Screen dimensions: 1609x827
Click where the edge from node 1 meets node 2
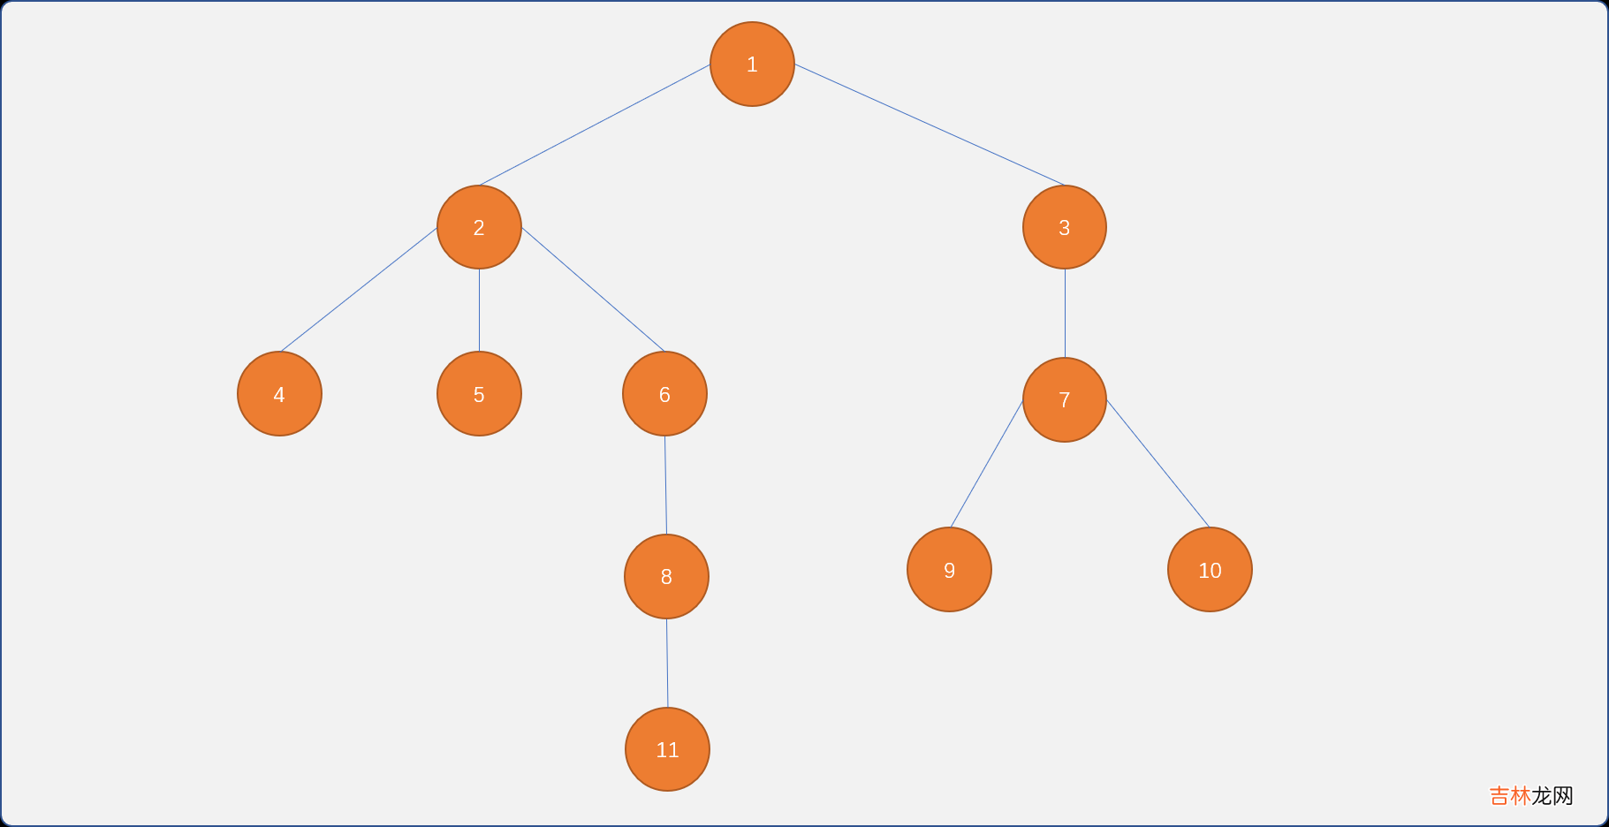[x=480, y=186]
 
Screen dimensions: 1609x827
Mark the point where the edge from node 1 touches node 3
[x=1065, y=186]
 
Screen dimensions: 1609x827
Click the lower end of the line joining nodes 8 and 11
[x=667, y=708]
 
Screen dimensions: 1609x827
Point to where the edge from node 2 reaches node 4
[x=280, y=352]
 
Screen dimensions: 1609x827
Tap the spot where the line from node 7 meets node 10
[x=1209, y=527]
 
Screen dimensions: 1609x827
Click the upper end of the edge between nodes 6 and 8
[x=664, y=436]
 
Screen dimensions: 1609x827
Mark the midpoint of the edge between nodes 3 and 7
[x=1065, y=313]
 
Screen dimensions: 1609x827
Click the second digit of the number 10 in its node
[x=1215, y=571]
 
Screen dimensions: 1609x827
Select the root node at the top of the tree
[x=752, y=64]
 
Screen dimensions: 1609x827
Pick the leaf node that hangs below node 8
[x=667, y=749]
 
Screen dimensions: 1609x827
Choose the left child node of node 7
[x=949, y=569]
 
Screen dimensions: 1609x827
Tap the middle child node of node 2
[x=479, y=393]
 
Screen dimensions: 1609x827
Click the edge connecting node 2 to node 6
[x=592, y=290]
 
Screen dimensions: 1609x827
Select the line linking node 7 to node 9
[x=986, y=464]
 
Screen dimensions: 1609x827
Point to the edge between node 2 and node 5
[x=479, y=310]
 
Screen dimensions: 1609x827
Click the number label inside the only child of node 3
[x=1065, y=400]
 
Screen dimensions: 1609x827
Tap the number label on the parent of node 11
[x=666, y=577]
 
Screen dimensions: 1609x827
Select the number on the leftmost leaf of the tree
[x=279, y=395]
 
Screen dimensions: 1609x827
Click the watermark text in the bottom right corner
[x=1531, y=796]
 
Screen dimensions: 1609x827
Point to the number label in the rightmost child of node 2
[x=664, y=395]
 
